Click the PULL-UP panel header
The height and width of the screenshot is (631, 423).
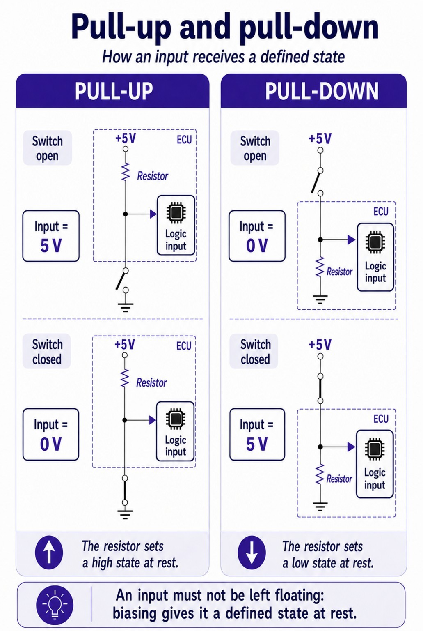112,91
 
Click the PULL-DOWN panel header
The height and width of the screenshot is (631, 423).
313,91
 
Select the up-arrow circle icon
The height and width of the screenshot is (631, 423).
49,553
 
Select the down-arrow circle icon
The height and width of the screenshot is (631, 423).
252,553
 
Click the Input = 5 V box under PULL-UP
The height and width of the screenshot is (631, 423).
51,236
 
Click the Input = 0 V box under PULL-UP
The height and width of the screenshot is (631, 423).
51,434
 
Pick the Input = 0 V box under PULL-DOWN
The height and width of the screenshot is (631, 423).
257,236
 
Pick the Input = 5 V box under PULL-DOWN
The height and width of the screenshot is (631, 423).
257,434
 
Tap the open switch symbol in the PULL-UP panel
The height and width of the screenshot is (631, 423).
123,280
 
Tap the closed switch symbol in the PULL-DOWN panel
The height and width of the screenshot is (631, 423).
320,389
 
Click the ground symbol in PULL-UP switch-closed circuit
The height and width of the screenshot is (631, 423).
125,514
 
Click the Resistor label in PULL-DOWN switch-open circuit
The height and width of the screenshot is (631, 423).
339,272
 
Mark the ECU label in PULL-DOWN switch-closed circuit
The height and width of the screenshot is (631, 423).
381,419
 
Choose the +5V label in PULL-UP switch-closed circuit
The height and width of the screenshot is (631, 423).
125,344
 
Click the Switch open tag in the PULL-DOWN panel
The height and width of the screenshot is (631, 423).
255,148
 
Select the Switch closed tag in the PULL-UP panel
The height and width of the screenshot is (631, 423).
47,351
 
